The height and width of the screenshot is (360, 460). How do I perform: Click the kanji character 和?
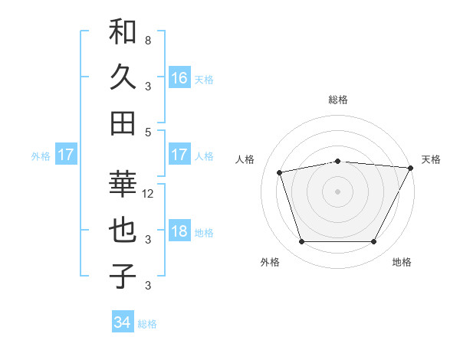123,31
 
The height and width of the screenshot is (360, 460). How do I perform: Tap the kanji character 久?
123,77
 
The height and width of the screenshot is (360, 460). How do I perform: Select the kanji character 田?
123,123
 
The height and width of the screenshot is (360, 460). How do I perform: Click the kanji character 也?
123,231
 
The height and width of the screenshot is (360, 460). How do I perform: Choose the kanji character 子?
123,277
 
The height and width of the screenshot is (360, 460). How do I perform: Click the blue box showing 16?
179,77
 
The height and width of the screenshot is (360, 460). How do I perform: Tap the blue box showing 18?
179,232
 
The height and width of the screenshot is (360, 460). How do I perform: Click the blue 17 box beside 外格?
66,155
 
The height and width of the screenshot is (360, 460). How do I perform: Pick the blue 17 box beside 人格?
179,155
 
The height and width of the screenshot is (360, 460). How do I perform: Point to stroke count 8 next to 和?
147,39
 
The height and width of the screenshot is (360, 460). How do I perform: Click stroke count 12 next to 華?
149,193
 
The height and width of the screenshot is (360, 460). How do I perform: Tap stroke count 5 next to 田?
147,131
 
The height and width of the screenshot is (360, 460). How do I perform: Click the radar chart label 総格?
337,100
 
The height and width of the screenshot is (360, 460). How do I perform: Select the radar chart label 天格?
431,159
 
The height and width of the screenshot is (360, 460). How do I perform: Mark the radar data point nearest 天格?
411,168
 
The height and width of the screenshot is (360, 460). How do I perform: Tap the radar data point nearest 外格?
301,242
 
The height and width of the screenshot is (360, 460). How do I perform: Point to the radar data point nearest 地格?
374,242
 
